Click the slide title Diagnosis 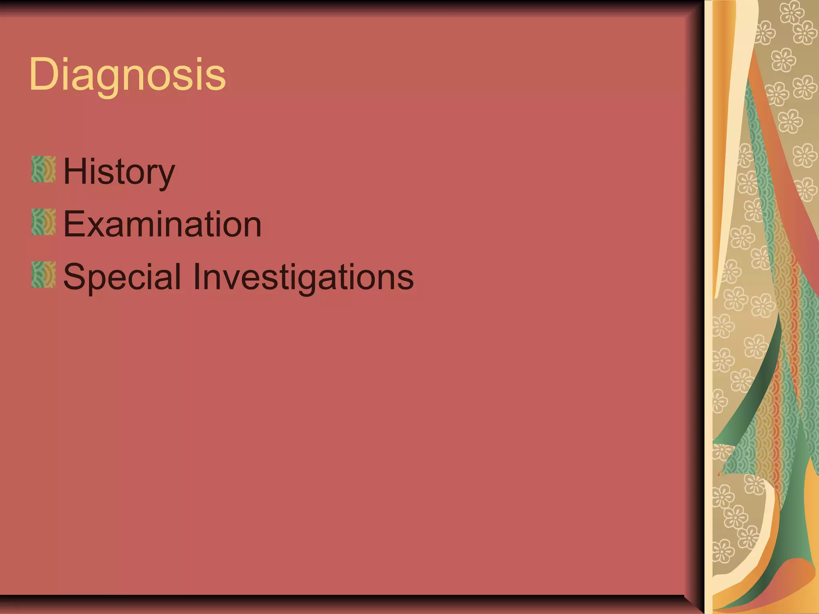pyautogui.click(x=127, y=75)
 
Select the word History pyautogui.click(x=119, y=171)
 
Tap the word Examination pyautogui.click(x=162, y=224)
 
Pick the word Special pyautogui.click(x=122, y=277)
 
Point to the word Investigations pyautogui.click(x=303, y=277)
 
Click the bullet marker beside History pyautogui.click(x=43, y=169)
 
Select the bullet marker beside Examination pyautogui.click(x=43, y=222)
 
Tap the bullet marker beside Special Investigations pyautogui.click(x=43, y=275)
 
